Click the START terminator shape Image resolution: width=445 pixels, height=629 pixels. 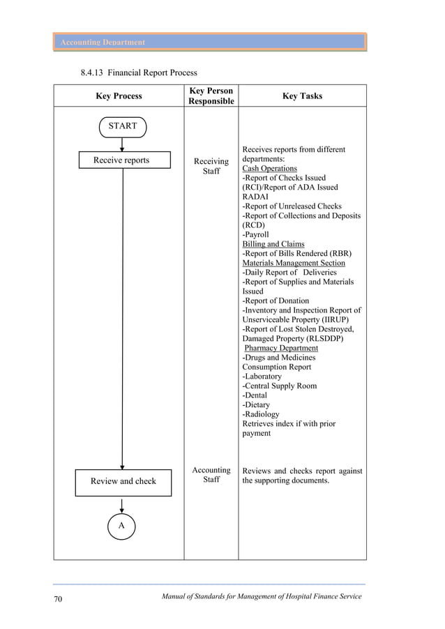pyautogui.click(x=122, y=127)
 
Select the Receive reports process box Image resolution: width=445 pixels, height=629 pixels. pyautogui.click(x=122, y=160)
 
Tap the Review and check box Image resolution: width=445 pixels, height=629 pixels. pyautogui.click(x=123, y=481)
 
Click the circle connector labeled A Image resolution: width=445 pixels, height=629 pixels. pyautogui.click(x=121, y=526)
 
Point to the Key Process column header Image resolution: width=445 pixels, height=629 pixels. pyautogui.click(x=119, y=96)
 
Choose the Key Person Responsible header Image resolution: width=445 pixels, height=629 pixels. pyautogui.click(x=211, y=96)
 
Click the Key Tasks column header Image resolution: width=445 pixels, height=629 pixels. pyautogui.click(x=302, y=96)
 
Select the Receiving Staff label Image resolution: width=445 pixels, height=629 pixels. pyautogui.click(x=211, y=166)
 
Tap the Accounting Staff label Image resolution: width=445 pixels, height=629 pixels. pyautogui.click(x=211, y=475)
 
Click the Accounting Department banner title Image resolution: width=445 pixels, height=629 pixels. pyautogui.click(x=103, y=43)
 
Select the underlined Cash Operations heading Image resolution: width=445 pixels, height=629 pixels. pyautogui.click(x=269, y=169)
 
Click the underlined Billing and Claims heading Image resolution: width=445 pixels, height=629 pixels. pyautogui.click(x=273, y=244)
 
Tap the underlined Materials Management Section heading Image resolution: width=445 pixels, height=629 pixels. pyautogui.click(x=294, y=263)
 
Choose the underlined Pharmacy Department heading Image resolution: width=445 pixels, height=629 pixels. pyautogui.click(x=281, y=348)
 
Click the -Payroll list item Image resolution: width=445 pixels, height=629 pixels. pyautogui.click(x=255, y=235)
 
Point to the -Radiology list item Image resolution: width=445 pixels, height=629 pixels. pyautogui.click(x=261, y=414)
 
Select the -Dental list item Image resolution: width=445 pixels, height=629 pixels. pyautogui.click(x=256, y=395)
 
